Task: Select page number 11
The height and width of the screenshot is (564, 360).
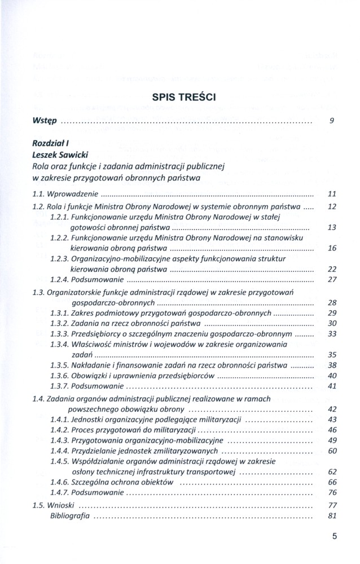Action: tap(332, 194)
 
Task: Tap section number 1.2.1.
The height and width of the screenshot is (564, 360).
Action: tap(59, 217)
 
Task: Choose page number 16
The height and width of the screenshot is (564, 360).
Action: tap(332, 248)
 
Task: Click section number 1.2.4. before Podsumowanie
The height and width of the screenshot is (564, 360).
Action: tap(59, 279)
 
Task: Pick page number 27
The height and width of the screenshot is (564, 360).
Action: tap(332, 279)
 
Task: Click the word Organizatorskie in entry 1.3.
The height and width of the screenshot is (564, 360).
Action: tap(77, 292)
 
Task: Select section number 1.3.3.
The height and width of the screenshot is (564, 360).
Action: tap(59, 333)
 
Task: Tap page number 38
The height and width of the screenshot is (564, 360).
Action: tap(332, 365)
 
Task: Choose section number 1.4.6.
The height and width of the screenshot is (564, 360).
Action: tap(59, 482)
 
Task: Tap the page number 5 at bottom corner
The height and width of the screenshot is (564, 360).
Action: tap(334, 537)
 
